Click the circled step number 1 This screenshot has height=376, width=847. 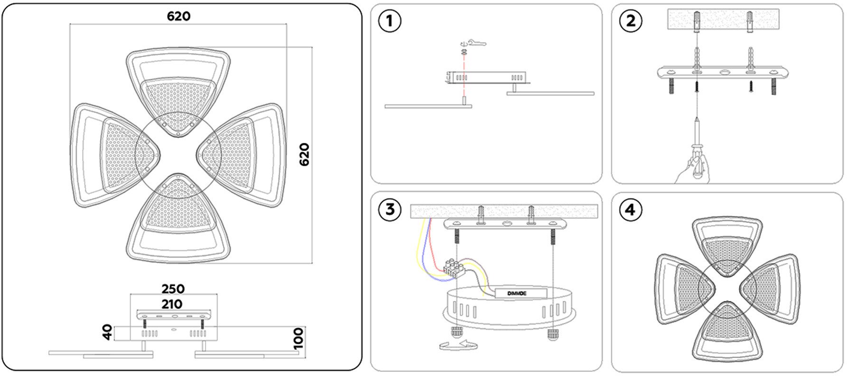(x=390, y=21)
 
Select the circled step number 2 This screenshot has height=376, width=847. (x=631, y=21)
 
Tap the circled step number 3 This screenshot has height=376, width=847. (x=390, y=209)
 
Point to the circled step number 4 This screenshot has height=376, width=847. (x=631, y=209)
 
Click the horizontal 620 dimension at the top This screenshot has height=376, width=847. (x=179, y=17)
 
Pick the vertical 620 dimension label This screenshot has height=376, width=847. (x=304, y=154)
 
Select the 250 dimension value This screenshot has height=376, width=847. (x=173, y=289)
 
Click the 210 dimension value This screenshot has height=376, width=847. (x=172, y=304)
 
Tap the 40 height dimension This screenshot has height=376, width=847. (x=108, y=332)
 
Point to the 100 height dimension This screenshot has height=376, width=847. (x=298, y=338)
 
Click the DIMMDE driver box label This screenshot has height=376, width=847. (x=517, y=293)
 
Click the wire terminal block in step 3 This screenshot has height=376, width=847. (x=454, y=269)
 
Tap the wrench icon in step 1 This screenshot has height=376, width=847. (x=477, y=43)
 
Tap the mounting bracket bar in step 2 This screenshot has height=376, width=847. (x=723, y=73)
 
